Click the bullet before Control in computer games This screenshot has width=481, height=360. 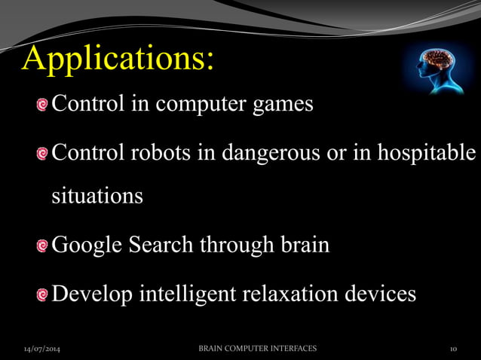click(44, 105)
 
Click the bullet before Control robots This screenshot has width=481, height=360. click(44, 153)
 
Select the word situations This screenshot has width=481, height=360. click(97, 197)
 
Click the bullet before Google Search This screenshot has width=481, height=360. click(44, 246)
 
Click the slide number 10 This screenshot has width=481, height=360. click(453, 349)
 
